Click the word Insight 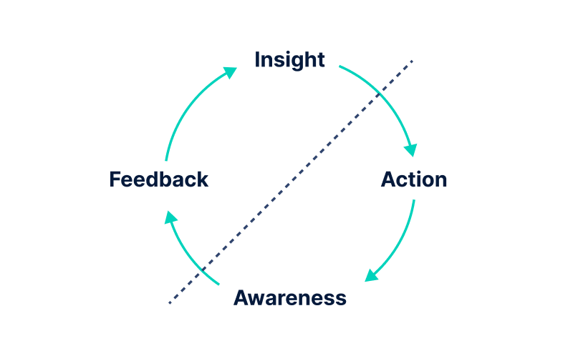tap(289, 60)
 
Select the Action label tap(414, 179)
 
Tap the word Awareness tap(289, 297)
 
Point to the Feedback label tap(158, 179)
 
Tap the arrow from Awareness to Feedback tap(183, 252)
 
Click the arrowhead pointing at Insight tap(230, 71)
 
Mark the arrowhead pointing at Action tap(410, 149)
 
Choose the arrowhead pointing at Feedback tap(169, 217)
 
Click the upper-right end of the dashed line tap(412, 61)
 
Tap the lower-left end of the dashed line tap(170, 303)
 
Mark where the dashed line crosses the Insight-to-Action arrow tap(379, 94)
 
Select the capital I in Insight tap(257, 60)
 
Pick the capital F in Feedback tap(115, 179)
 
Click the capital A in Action tap(389, 179)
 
